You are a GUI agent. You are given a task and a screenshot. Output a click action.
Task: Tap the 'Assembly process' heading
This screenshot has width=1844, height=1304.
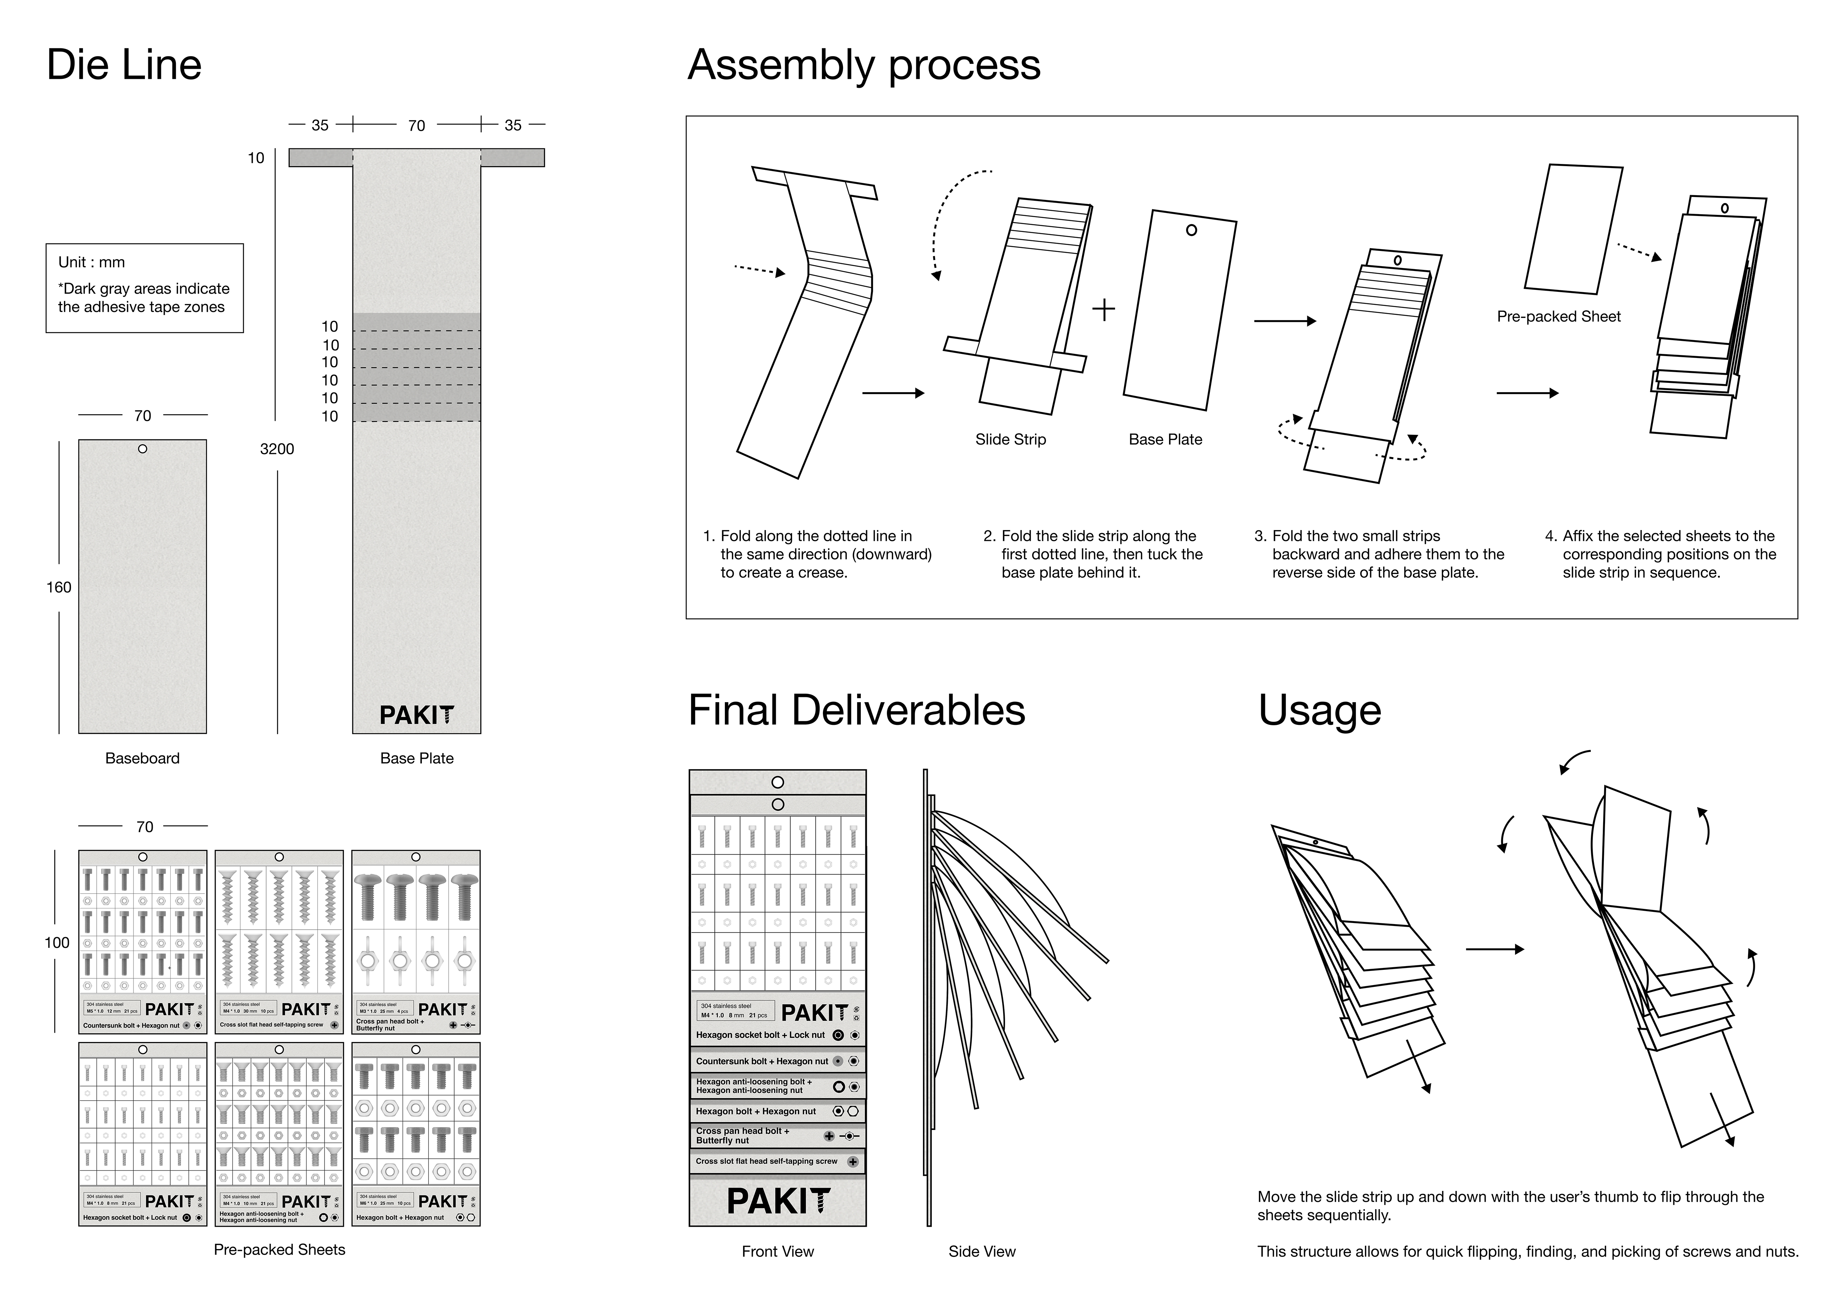point(863,65)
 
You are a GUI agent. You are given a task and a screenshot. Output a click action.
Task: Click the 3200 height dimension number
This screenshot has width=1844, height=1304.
point(277,449)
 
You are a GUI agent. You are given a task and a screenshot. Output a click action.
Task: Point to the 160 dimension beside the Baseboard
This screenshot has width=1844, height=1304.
point(59,587)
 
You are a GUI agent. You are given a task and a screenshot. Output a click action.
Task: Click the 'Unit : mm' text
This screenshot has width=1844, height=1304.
point(91,262)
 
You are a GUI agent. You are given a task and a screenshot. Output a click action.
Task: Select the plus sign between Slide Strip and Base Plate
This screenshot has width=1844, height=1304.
point(1104,309)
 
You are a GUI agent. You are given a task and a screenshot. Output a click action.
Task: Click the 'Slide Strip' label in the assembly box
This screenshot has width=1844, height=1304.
point(1010,439)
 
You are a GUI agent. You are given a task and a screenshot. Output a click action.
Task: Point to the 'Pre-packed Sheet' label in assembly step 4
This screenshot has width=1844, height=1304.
point(1558,316)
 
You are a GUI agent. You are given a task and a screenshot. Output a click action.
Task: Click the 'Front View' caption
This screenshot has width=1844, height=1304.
point(778,1251)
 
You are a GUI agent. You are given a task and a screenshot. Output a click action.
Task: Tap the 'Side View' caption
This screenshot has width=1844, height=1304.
point(981,1251)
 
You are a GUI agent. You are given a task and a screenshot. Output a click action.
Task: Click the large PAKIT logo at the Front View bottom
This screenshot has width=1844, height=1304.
point(778,1201)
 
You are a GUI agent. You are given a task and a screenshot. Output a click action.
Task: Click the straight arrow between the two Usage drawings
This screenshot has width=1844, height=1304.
point(1494,949)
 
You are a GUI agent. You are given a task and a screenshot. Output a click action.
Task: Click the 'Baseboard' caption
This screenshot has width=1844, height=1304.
point(142,758)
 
